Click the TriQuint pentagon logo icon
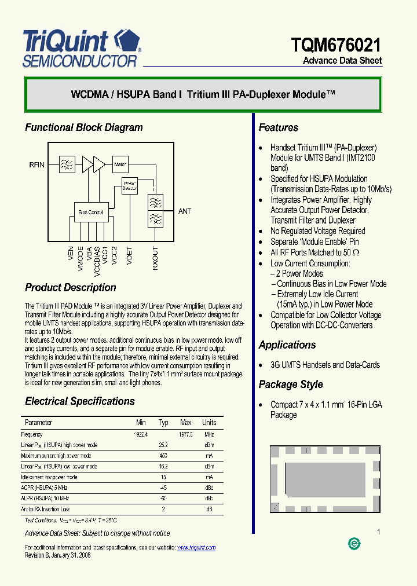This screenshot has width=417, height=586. tap(127, 41)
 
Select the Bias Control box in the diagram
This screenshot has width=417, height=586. tap(90, 213)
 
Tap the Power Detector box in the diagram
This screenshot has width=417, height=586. tap(129, 185)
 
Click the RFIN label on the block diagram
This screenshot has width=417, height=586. tap(37, 165)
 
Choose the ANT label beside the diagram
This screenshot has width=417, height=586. tap(185, 211)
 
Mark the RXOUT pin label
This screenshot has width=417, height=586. tap(155, 258)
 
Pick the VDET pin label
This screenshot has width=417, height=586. tap(129, 255)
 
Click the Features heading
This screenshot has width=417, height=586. tap(279, 127)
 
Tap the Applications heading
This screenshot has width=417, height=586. tap(287, 345)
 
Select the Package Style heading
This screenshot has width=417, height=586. tap(291, 384)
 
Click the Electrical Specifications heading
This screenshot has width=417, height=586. tap(80, 401)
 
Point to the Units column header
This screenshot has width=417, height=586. tap(209, 423)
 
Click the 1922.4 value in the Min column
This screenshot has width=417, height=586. tap(141, 434)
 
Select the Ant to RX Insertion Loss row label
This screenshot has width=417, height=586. tap(45, 509)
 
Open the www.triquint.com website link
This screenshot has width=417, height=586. tap(196, 547)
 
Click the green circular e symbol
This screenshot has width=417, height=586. tap(354, 543)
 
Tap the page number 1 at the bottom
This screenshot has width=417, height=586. tap(378, 532)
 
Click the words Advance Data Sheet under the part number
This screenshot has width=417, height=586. tap(342, 61)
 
